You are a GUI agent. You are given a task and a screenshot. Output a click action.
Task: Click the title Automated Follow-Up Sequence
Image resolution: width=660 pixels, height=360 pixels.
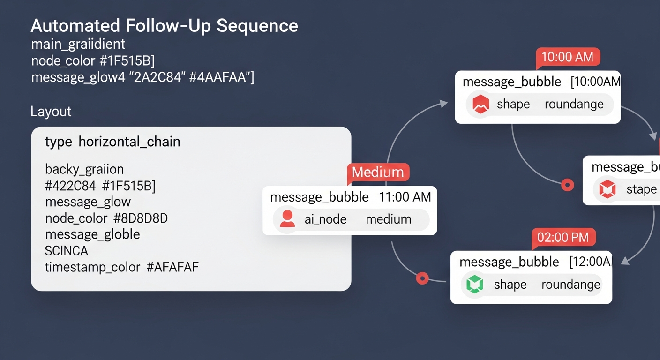[164, 25]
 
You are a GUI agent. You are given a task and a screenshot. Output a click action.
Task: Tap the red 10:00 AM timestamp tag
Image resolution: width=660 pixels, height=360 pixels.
[567, 57]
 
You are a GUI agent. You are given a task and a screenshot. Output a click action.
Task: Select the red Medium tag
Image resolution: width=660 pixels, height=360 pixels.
[378, 172]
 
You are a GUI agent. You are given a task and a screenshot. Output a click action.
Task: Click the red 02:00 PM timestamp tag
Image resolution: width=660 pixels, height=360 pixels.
[563, 237]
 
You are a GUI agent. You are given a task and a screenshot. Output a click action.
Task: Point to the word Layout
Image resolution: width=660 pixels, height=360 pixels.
[51, 112]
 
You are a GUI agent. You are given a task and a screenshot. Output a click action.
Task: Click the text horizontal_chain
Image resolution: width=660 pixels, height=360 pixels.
[129, 142]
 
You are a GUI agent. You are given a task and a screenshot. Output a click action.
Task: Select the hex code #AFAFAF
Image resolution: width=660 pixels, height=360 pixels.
[172, 267]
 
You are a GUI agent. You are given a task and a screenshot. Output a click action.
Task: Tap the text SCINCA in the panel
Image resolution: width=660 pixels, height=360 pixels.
[66, 251]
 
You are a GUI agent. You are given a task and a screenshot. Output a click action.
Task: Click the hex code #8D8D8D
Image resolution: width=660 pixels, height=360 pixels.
[141, 218]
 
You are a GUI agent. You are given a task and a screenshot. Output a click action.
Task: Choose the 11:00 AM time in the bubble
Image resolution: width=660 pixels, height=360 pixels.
[405, 197]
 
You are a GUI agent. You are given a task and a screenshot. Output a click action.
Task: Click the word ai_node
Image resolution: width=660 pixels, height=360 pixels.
[325, 219]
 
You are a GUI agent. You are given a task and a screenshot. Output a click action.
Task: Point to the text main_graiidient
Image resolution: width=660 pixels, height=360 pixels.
[78, 45]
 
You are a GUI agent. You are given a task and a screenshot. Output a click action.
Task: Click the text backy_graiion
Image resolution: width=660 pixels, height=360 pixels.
[84, 169]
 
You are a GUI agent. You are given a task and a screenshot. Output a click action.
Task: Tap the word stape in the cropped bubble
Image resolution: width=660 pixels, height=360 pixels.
[641, 189]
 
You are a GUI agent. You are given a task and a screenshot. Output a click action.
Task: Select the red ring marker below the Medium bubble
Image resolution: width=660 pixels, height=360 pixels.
[422, 278]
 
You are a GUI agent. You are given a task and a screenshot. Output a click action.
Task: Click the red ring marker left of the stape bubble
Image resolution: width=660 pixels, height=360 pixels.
[568, 185]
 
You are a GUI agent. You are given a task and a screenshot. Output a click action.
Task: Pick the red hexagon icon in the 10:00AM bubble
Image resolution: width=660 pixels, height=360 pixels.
[480, 104]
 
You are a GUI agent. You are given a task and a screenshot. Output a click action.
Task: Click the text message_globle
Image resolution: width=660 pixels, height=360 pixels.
[92, 234]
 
